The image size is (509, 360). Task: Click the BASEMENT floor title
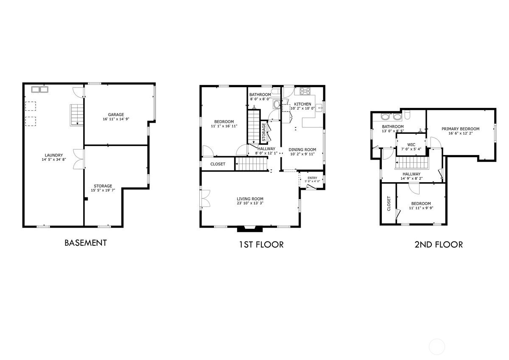coord(85,243)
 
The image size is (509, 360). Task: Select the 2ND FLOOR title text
coord(438,244)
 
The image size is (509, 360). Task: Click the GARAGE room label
coord(116,115)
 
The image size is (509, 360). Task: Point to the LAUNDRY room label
coord(54,155)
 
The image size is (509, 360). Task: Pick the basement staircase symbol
coord(76,115)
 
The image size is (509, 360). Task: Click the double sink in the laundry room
coord(39,90)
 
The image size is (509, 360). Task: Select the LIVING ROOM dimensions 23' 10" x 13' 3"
coord(250,203)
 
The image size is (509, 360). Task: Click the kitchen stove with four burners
coord(305,91)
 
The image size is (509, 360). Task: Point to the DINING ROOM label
coord(302,149)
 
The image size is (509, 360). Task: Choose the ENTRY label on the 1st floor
coord(312,178)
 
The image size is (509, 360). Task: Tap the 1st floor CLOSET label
coord(218,164)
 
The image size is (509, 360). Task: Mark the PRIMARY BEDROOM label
coord(460,129)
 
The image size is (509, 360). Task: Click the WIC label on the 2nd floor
coord(411,144)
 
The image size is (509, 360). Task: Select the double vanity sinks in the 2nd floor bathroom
coord(392,117)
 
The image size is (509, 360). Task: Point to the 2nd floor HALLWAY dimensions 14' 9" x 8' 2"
coord(411,179)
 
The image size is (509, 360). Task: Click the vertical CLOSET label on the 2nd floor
coord(388,203)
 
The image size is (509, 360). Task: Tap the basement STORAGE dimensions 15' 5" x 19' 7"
coord(103,191)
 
